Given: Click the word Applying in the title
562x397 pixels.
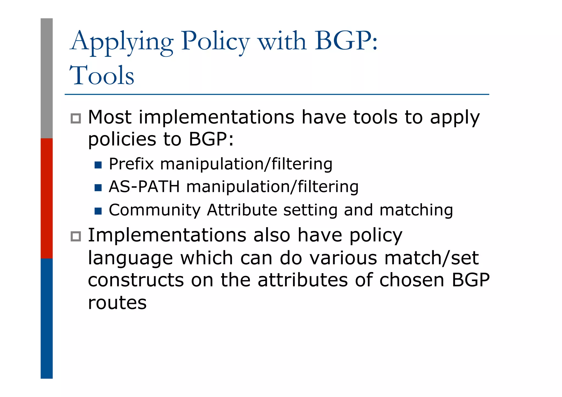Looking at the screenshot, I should [x=122, y=42].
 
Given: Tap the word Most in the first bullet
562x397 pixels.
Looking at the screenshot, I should [x=110, y=117].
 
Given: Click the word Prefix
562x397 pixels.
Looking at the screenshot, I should [x=131, y=164].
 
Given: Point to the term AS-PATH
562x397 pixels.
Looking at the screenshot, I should [x=144, y=187].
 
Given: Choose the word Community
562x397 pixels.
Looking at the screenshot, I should [x=155, y=210].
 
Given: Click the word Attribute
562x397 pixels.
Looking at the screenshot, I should [x=242, y=210].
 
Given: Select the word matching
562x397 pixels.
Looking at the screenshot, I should [x=416, y=210].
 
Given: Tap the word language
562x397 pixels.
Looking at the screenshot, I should [x=130, y=258].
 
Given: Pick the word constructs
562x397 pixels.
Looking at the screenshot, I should [x=136, y=280].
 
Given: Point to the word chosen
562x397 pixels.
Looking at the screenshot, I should [x=412, y=280].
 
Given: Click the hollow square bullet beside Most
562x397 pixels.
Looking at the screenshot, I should [x=76, y=119].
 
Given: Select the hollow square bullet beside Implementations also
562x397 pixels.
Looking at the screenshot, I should [x=76, y=236].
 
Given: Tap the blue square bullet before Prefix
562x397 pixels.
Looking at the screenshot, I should [x=98, y=165].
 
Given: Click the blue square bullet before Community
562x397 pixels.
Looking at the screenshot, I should [x=98, y=211].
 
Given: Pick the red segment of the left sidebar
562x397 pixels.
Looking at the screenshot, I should [x=47, y=198].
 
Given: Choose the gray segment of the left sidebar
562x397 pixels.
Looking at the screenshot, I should [x=47, y=78].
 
